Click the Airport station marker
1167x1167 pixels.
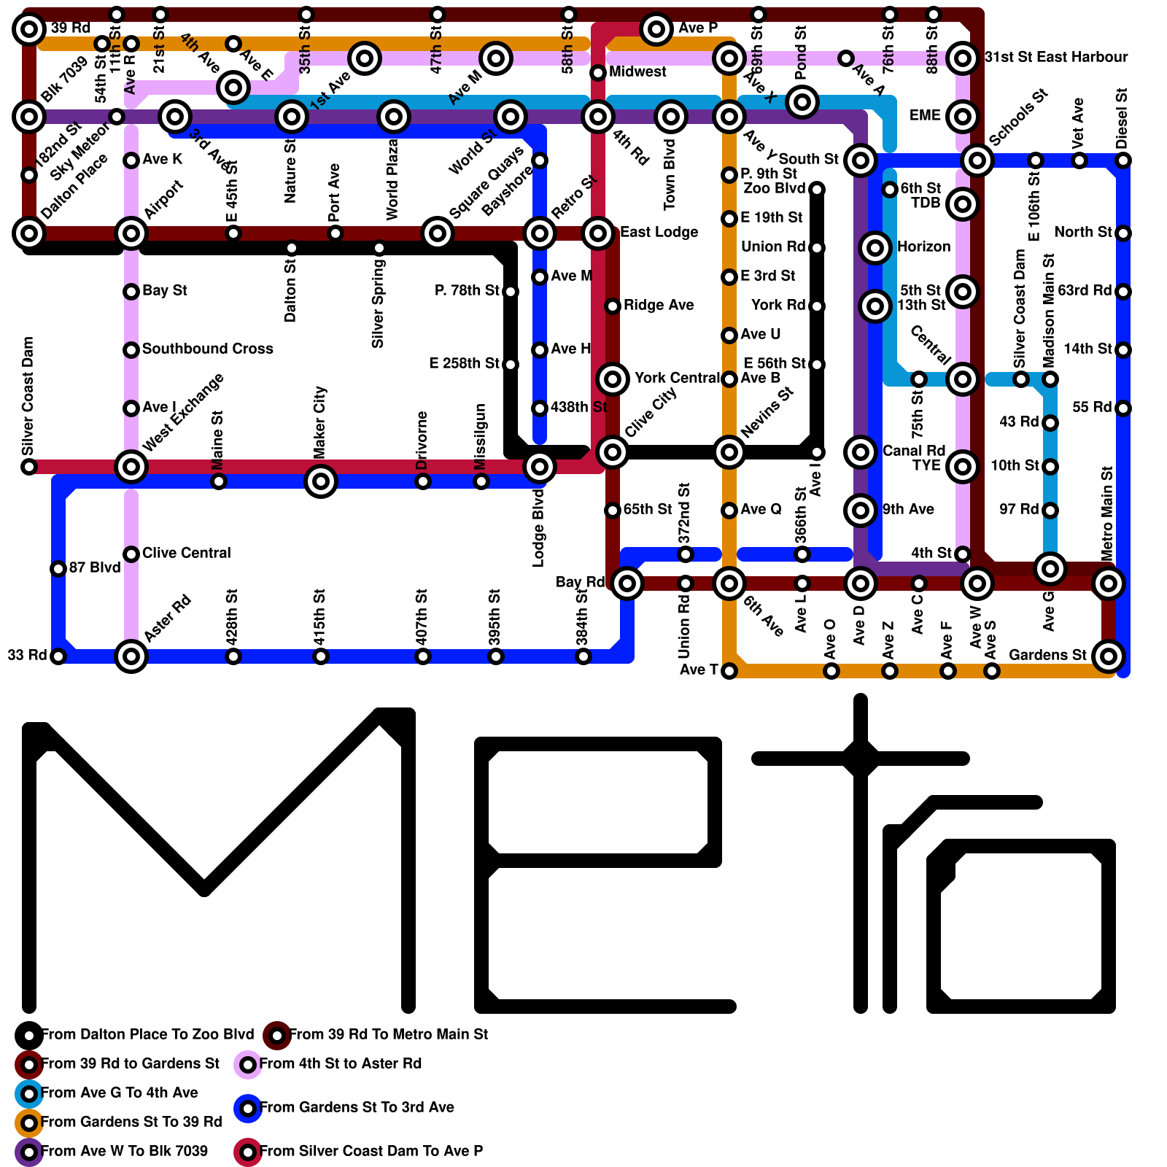click(x=131, y=233)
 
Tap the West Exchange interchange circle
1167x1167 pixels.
click(x=131, y=467)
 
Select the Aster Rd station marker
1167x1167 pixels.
click(x=131, y=656)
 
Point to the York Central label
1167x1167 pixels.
click(x=677, y=378)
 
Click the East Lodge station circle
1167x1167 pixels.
click(x=598, y=233)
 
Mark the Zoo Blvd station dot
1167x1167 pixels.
click(x=817, y=190)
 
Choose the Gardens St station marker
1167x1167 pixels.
click(x=1109, y=656)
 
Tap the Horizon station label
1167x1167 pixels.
click(x=923, y=247)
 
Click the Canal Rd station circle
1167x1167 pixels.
click(x=861, y=452)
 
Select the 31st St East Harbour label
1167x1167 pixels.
click(x=1056, y=57)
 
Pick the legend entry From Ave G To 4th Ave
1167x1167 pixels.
click(x=120, y=1093)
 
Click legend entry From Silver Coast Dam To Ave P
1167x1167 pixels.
click(x=371, y=1151)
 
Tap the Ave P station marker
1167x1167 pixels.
click(x=656, y=29)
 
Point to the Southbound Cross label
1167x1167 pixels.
click(x=207, y=349)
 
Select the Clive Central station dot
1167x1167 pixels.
click(x=131, y=554)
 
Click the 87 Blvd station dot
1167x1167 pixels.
click(x=58, y=569)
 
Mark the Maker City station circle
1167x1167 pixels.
click(x=321, y=481)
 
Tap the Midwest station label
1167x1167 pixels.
click(x=637, y=71)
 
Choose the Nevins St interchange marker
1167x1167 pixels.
click(x=729, y=452)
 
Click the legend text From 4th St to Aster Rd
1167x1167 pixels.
click(x=341, y=1063)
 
